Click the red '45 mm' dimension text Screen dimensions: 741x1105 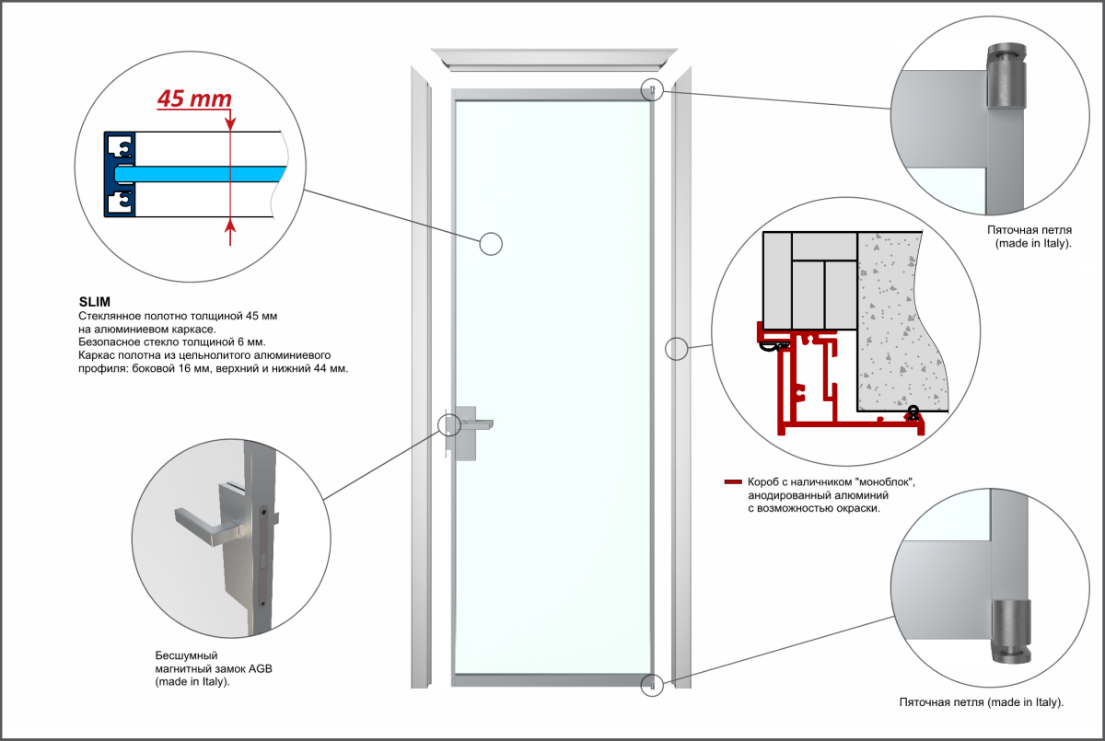click(x=193, y=98)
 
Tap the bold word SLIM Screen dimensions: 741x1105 click(x=94, y=301)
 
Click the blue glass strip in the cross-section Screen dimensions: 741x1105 click(x=203, y=173)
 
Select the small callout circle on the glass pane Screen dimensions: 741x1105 click(x=492, y=243)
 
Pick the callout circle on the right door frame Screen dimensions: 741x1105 click(x=677, y=348)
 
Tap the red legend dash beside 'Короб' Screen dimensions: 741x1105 click(x=733, y=481)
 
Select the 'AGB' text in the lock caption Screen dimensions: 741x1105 click(x=260, y=669)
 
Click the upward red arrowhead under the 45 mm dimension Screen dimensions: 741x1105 click(x=229, y=225)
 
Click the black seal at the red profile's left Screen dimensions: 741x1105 click(x=772, y=347)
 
